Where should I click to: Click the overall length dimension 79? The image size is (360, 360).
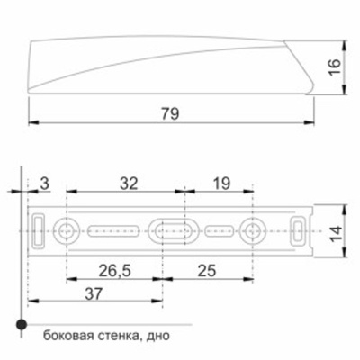[x=170, y=114]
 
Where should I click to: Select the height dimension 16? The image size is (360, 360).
[x=333, y=67]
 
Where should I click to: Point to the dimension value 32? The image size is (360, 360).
[x=129, y=183]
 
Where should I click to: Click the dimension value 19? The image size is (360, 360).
[x=219, y=183]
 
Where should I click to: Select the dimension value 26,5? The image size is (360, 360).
[x=114, y=271]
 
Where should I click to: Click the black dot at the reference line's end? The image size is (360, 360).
[x=18, y=323]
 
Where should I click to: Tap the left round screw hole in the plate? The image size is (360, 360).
[x=67, y=230]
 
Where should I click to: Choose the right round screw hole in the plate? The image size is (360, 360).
[x=254, y=230]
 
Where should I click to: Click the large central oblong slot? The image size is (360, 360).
[x=172, y=230]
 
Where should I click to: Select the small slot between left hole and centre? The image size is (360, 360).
[x=114, y=230]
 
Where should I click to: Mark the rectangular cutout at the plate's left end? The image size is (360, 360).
[x=40, y=230]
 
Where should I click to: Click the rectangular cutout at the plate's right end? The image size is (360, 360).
[x=298, y=230]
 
